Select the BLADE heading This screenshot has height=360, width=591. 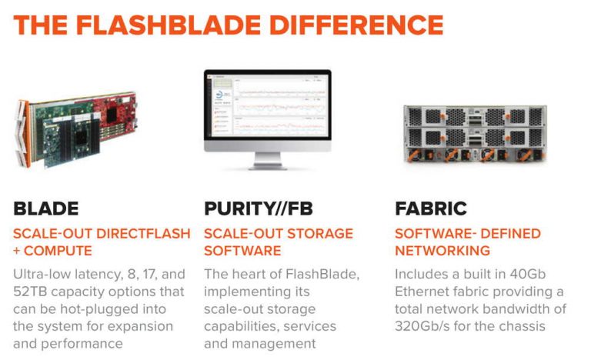pos(46,209)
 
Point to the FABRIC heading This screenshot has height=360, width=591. pos(431,209)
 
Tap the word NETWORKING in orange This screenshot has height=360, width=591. pos(442,251)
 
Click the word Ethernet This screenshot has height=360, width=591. pos(424,292)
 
